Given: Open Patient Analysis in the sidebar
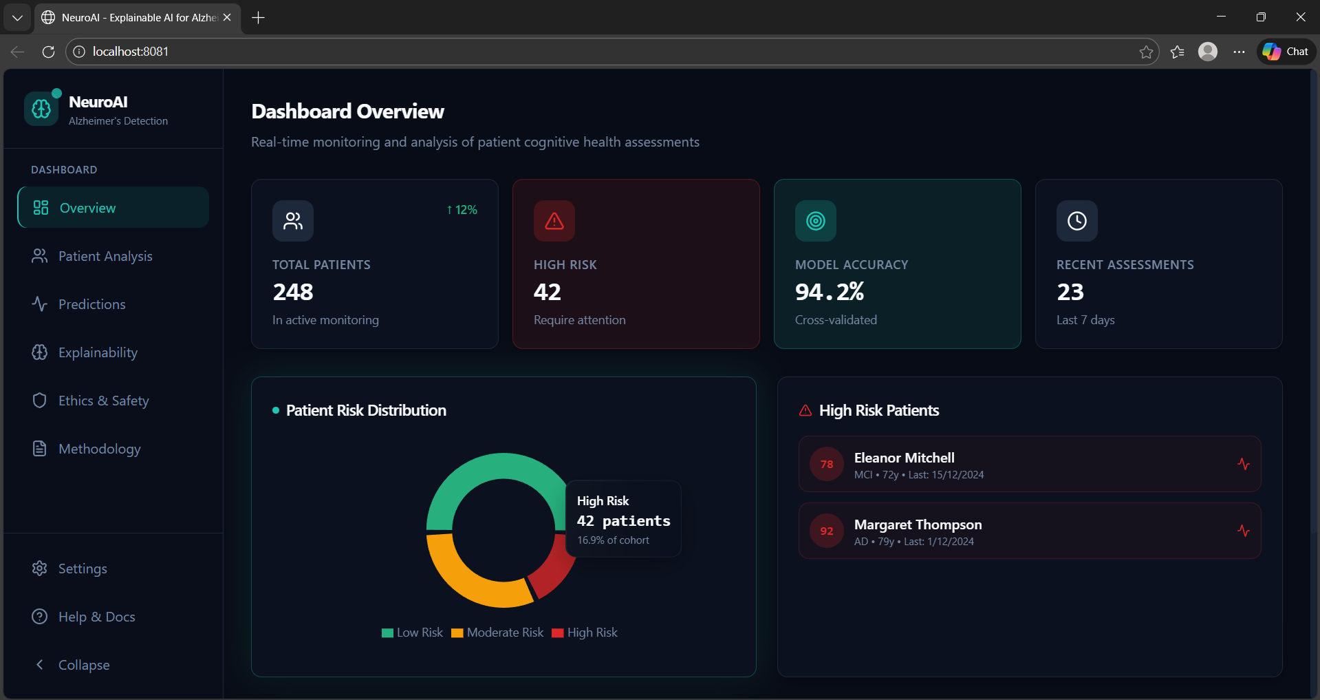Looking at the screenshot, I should pyautogui.click(x=105, y=256).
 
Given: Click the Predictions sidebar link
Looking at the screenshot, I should pyautogui.click(x=91, y=304).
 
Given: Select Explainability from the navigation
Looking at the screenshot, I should pyautogui.click(x=98, y=352).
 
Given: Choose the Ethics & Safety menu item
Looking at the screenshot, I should pyautogui.click(x=103, y=401).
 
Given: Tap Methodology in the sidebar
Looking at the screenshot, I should pyautogui.click(x=99, y=449).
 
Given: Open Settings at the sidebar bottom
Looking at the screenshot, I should pyautogui.click(x=82, y=569).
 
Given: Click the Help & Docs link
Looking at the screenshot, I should pyautogui.click(x=96, y=617).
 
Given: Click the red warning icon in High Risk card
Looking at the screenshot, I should pyautogui.click(x=554, y=221).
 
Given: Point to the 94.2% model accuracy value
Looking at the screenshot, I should pyautogui.click(x=830, y=293).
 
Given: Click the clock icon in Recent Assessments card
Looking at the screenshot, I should pyautogui.click(x=1077, y=221).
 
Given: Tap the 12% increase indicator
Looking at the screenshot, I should pyautogui.click(x=462, y=210).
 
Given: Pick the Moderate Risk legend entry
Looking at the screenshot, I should pyautogui.click(x=497, y=633).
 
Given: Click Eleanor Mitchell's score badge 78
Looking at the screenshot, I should pyautogui.click(x=827, y=465).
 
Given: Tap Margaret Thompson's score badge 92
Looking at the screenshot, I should pyautogui.click(x=827, y=531).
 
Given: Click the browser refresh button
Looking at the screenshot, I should pyautogui.click(x=48, y=52).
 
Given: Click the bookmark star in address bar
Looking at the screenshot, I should pyautogui.click(x=1146, y=52).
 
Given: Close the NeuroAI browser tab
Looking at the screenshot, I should pyautogui.click(x=227, y=17).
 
